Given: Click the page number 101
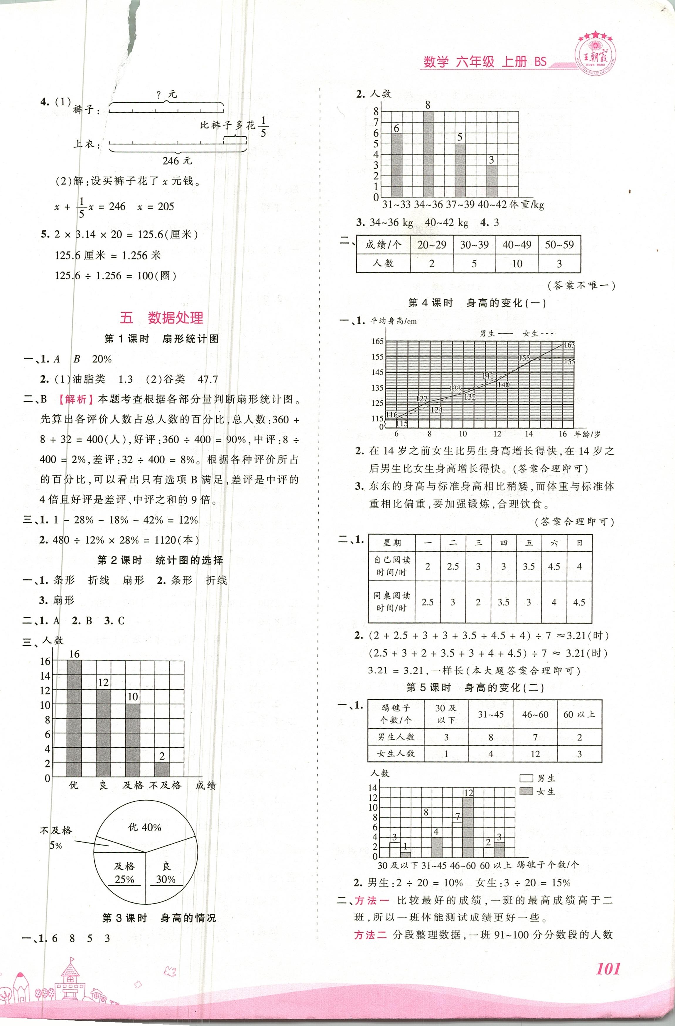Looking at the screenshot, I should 608,969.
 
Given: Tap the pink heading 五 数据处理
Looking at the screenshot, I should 161,318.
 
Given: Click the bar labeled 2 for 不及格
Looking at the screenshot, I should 162,770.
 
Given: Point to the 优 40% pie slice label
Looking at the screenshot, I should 145,827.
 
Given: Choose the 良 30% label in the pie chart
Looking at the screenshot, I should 166,873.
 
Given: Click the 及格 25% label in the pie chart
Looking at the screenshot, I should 124,873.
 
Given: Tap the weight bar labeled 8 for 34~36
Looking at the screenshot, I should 428,154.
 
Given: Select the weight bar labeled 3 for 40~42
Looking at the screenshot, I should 492,181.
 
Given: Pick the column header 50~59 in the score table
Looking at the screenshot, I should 559,245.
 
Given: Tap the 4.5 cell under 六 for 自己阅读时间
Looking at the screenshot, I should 554,566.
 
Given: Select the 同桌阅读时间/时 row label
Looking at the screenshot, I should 392,602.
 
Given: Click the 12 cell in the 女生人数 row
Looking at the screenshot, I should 535,754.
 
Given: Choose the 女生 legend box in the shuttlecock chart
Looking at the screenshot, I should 526,791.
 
